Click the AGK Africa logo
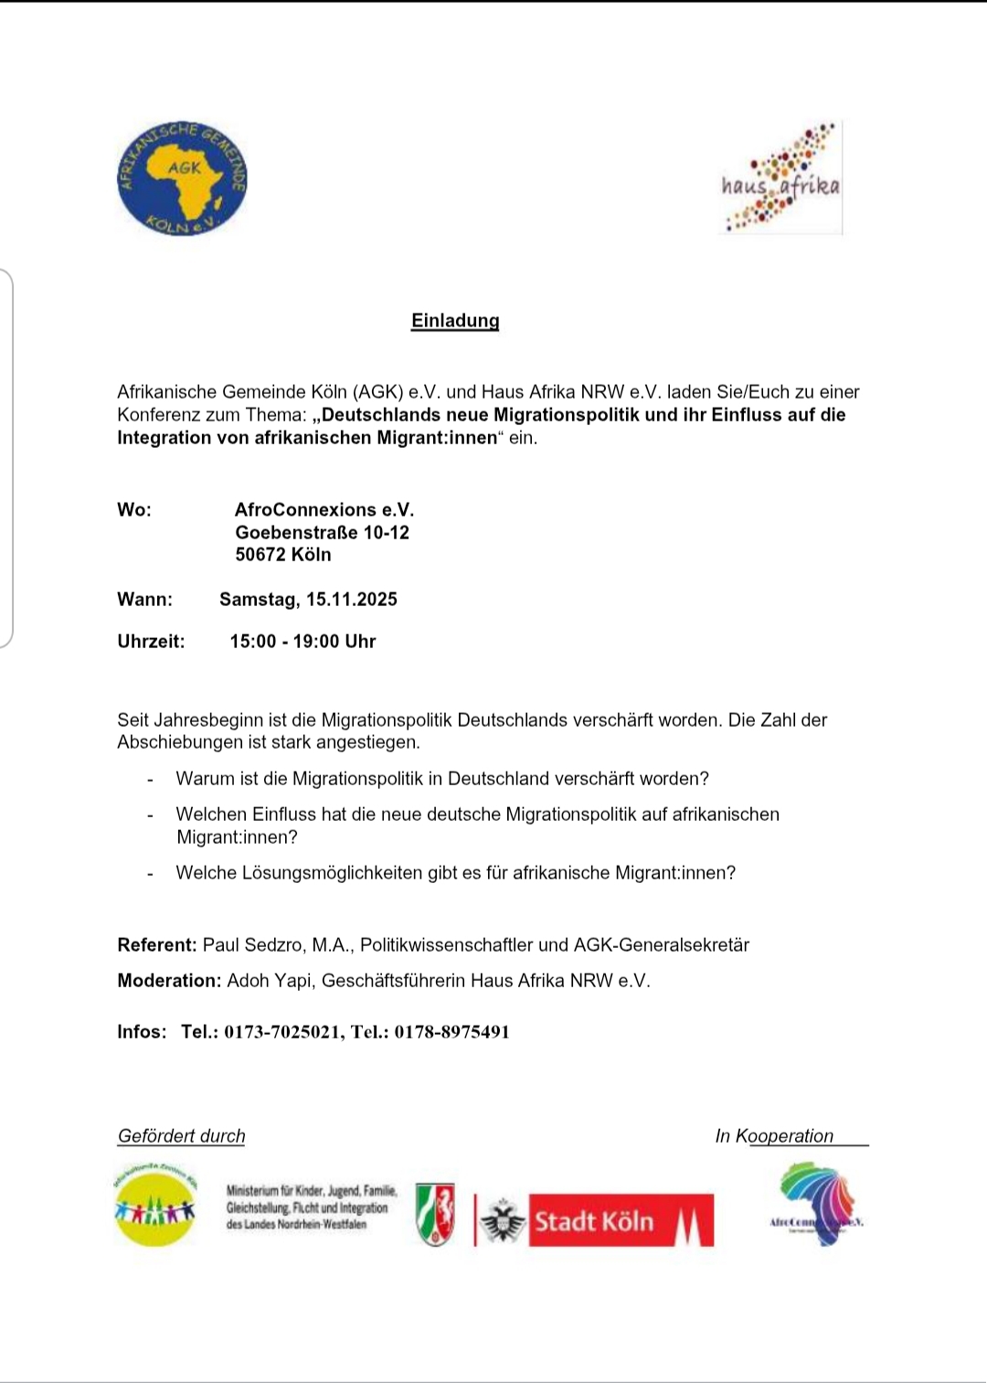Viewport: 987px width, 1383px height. pyautogui.click(x=182, y=179)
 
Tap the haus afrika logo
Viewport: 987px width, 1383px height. pyautogui.click(x=780, y=179)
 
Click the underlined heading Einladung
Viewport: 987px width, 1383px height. pyautogui.click(x=455, y=321)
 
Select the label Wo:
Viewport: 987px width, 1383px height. pyautogui.click(x=134, y=510)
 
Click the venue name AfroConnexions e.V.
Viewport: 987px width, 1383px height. pyautogui.click(x=324, y=510)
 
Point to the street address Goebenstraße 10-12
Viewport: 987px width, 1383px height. pyautogui.click(x=322, y=533)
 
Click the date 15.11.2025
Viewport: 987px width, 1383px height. pyautogui.click(x=352, y=600)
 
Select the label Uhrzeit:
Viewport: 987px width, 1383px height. pyautogui.click(x=151, y=642)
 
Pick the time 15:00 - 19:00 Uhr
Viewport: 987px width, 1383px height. pyautogui.click(x=302, y=642)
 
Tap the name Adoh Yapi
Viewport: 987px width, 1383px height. pyautogui.click(x=271, y=981)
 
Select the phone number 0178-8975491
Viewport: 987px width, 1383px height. pyautogui.click(x=451, y=1032)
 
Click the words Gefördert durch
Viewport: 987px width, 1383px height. pyautogui.click(x=182, y=1136)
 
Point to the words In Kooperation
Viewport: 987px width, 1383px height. pyautogui.click(x=774, y=1136)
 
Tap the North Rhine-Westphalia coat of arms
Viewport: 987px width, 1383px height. pyautogui.click(x=435, y=1214)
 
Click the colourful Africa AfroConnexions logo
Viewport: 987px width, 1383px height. pyautogui.click(x=817, y=1204)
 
